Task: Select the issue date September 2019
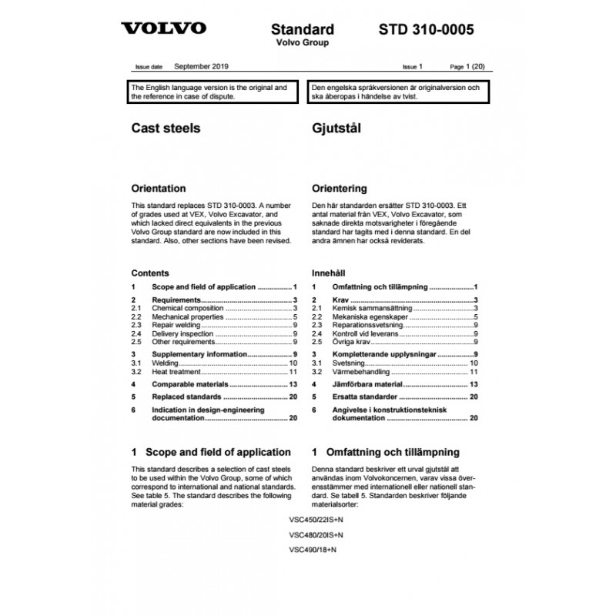[x=201, y=68]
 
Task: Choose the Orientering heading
[x=339, y=188]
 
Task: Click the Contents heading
[x=150, y=273]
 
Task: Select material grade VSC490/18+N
[x=314, y=550]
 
